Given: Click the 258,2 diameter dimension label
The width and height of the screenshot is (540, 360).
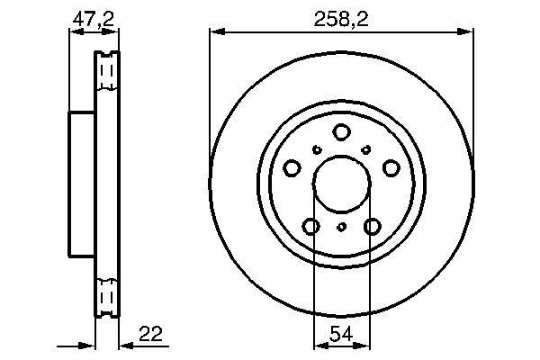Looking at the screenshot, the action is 341,19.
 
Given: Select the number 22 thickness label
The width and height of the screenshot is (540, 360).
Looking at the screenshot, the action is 150,334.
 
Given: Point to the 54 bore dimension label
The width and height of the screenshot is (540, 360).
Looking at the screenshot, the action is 341,334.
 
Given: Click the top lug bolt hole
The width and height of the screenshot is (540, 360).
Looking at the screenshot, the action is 341,132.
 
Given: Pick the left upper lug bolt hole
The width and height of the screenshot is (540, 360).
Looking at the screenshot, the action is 292,168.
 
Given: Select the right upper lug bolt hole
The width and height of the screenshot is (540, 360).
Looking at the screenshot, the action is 391,168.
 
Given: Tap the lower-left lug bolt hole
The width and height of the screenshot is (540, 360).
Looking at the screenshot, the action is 311,226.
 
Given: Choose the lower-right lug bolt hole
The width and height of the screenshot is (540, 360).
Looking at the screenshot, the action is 373,226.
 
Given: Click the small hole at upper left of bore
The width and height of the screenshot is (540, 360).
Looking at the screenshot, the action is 317,149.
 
